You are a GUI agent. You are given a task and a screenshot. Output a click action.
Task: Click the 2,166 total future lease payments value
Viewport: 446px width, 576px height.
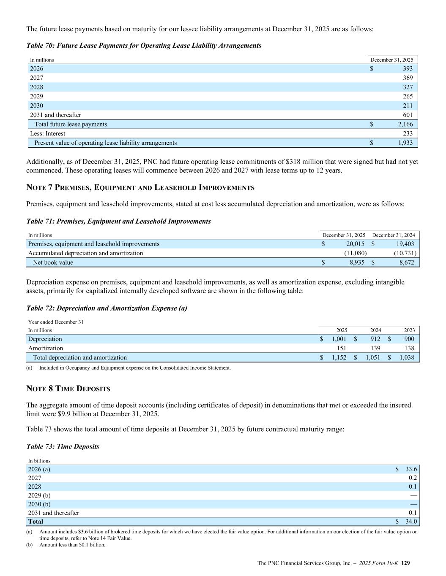pos(405,124)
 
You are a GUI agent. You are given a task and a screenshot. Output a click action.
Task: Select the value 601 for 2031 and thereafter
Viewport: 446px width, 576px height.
pos(408,115)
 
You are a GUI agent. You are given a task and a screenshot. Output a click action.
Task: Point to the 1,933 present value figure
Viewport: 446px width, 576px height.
pos(405,143)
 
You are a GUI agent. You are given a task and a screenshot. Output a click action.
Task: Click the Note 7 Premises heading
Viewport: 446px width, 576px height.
pos(140,187)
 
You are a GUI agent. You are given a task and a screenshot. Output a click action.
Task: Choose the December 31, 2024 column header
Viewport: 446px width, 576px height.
pos(393,235)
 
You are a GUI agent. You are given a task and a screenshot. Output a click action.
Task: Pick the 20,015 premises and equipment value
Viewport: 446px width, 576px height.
pos(356,244)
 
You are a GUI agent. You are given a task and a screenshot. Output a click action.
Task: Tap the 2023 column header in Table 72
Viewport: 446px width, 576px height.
pos(409,330)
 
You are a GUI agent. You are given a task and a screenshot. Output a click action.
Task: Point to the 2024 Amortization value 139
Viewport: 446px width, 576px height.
pos(375,348)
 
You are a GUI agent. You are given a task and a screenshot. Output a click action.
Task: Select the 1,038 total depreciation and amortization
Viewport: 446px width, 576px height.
pos(407,357)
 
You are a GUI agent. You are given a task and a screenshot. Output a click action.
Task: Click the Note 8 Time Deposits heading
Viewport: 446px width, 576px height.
pos(68,389)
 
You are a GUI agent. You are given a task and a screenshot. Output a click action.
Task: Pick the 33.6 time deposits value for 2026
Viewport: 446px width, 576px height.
pos(411,469)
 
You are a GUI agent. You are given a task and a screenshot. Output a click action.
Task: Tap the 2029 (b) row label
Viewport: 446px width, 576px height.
pos(39,495)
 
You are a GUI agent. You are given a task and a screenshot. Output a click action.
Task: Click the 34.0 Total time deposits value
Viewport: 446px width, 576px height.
pos(411,522)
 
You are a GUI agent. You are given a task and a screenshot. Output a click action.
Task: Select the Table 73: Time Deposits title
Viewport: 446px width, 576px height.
pos(63,446)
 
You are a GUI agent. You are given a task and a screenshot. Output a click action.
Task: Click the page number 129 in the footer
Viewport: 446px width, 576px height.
pos(405,563)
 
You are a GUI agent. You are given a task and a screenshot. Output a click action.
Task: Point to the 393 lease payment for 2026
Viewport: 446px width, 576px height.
pos(408,68)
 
